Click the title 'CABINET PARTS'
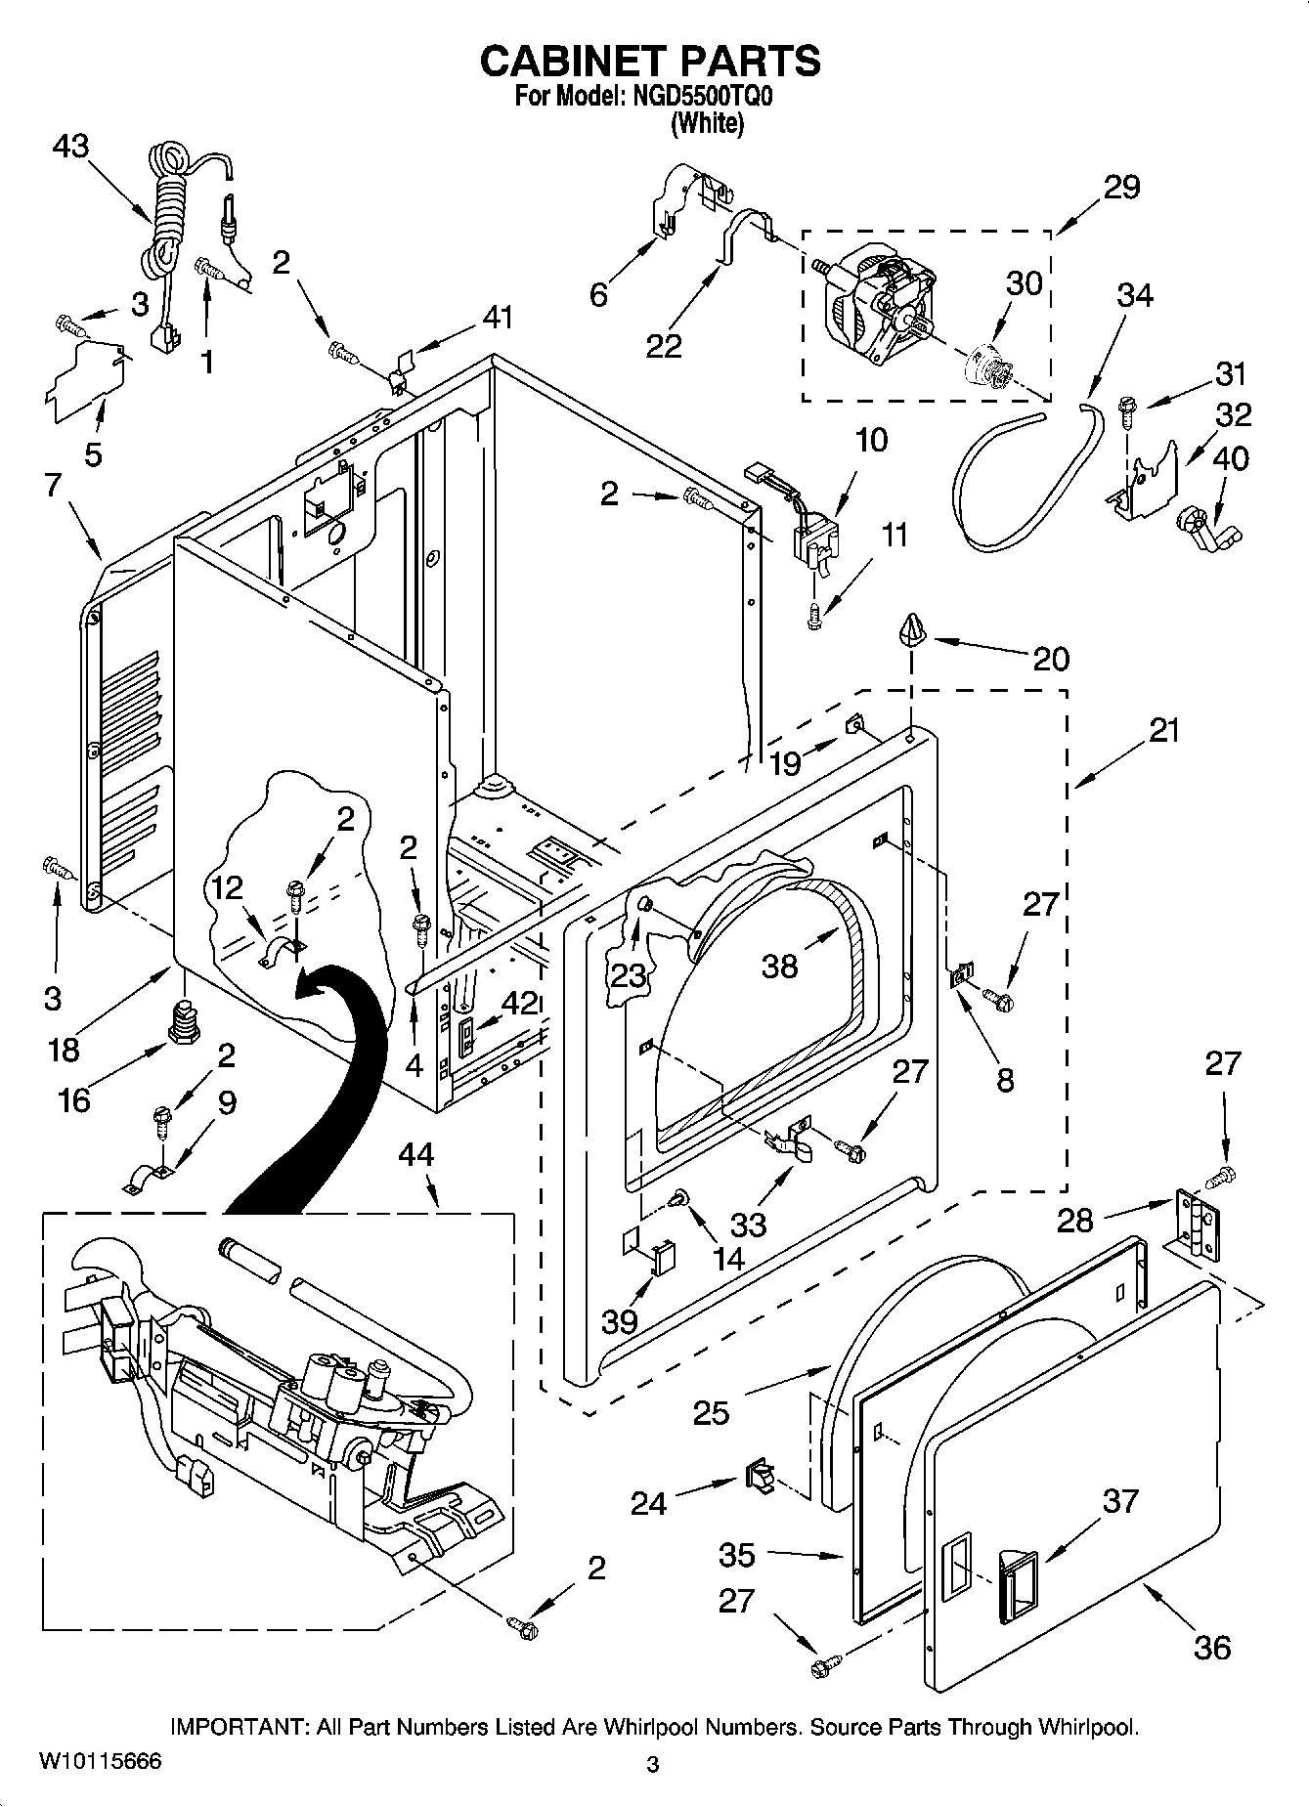[x=650, y=61]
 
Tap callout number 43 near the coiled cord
[x=70, y=147]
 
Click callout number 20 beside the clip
[x=1051, y=659]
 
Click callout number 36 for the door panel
[x=1212, y=1648]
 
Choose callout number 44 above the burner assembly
[x=415, y=1155]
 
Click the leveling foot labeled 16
[x=181, y=1020]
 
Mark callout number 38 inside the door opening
[x=780, y=966]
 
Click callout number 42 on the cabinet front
[x=520, y=1004]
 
